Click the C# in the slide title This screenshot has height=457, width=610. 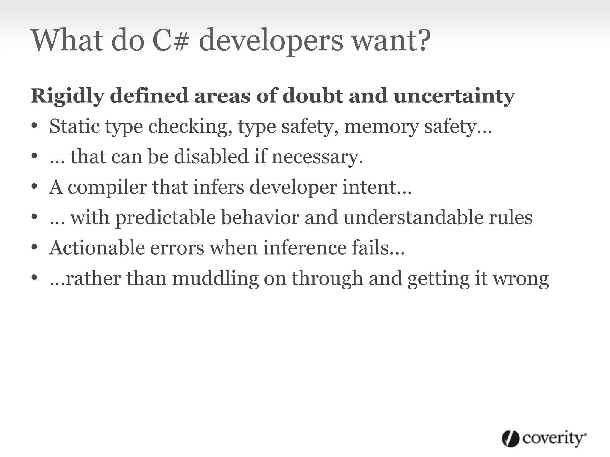point(171,40)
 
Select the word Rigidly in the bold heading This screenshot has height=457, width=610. point(67,96)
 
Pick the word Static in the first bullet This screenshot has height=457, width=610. point(74,126)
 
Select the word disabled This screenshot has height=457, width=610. point(211,156)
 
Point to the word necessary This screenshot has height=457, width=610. point(317,157)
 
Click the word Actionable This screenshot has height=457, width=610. point(97,248)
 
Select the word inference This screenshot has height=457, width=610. point(305,248)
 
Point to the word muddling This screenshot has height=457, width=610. point(215,279)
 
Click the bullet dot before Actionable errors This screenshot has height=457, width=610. point(35,247)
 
